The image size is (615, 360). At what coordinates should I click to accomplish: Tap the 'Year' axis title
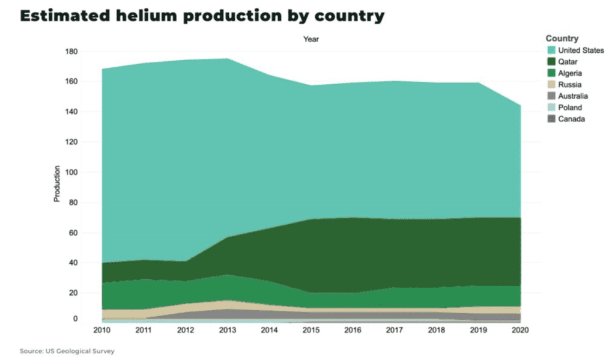pos(311,39)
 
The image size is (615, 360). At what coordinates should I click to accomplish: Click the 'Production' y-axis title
pos(57,183)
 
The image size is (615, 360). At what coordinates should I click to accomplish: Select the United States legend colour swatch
pos(551,50)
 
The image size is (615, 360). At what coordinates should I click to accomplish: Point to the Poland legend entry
pos(569,108)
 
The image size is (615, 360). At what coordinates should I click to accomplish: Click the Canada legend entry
pos(570,119)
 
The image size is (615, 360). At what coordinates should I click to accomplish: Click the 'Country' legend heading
pos(562,38)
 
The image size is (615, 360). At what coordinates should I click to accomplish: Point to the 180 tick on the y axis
pos(71,52)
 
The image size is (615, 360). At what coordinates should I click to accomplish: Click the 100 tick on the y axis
pos(71,172)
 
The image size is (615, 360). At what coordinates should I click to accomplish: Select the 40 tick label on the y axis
pos(73,263)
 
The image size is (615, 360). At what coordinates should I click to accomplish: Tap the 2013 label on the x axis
pos(227,330)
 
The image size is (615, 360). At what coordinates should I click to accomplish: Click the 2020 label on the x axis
pos(520,330)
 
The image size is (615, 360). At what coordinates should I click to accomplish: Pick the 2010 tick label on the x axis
pos(102,330)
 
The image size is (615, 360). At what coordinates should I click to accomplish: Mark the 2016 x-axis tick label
pos(353,330)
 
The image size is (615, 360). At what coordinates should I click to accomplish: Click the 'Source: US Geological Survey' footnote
pos(67,350)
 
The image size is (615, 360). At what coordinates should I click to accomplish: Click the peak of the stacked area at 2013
pos(227,59)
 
